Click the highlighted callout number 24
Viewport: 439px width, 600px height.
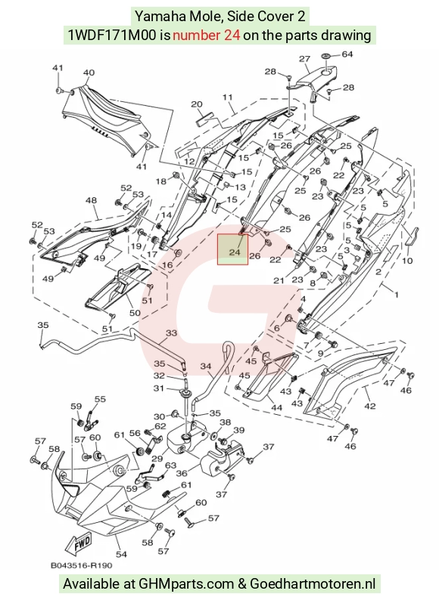tap(235, 252)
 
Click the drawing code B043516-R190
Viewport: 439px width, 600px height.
tap(81, 565)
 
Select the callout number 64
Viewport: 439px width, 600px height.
tap(347, 54)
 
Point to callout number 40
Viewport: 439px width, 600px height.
tap(89, 73)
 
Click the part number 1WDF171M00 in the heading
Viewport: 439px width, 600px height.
tap(112, 36)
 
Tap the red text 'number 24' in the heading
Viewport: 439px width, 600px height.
tap(207, 36)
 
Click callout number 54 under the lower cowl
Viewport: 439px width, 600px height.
tap(121, 554)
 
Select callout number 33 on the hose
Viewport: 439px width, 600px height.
tap(171, 333)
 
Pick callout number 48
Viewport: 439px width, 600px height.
tap(91, 200)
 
